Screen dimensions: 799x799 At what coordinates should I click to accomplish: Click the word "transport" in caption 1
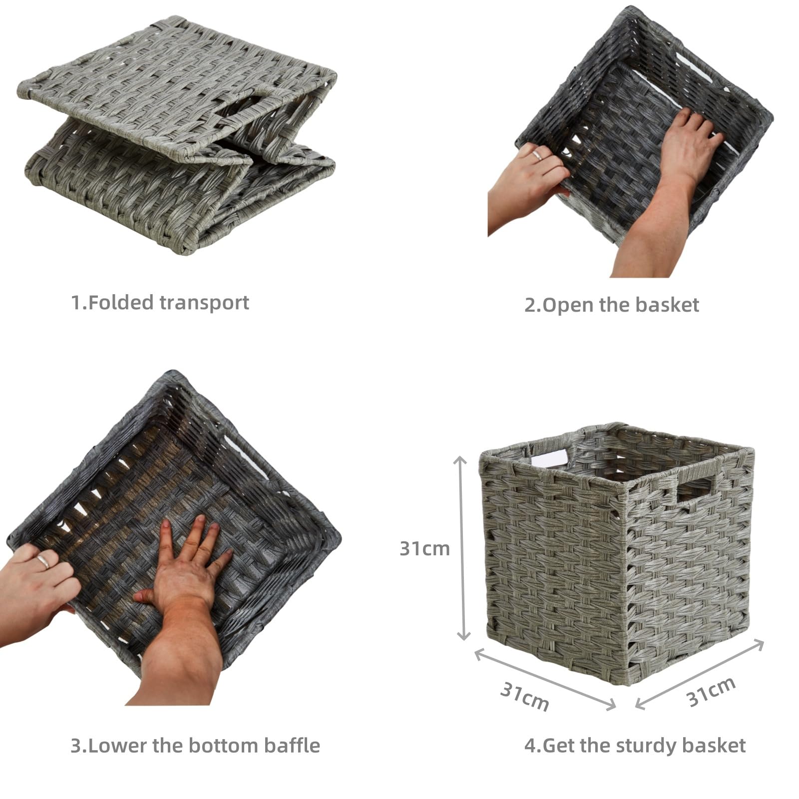point(204,303)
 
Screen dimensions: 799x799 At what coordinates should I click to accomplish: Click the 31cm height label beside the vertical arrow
point(424,548)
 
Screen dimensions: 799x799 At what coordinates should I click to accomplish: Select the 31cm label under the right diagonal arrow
point(711,692)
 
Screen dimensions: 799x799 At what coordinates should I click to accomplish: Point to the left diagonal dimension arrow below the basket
point(545,678)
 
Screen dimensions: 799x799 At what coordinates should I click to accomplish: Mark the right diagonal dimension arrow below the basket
point(700,674)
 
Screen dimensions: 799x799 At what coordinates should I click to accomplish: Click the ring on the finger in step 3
point(42,562)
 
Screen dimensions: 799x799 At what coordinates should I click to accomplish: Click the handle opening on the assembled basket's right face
point(696,489)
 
